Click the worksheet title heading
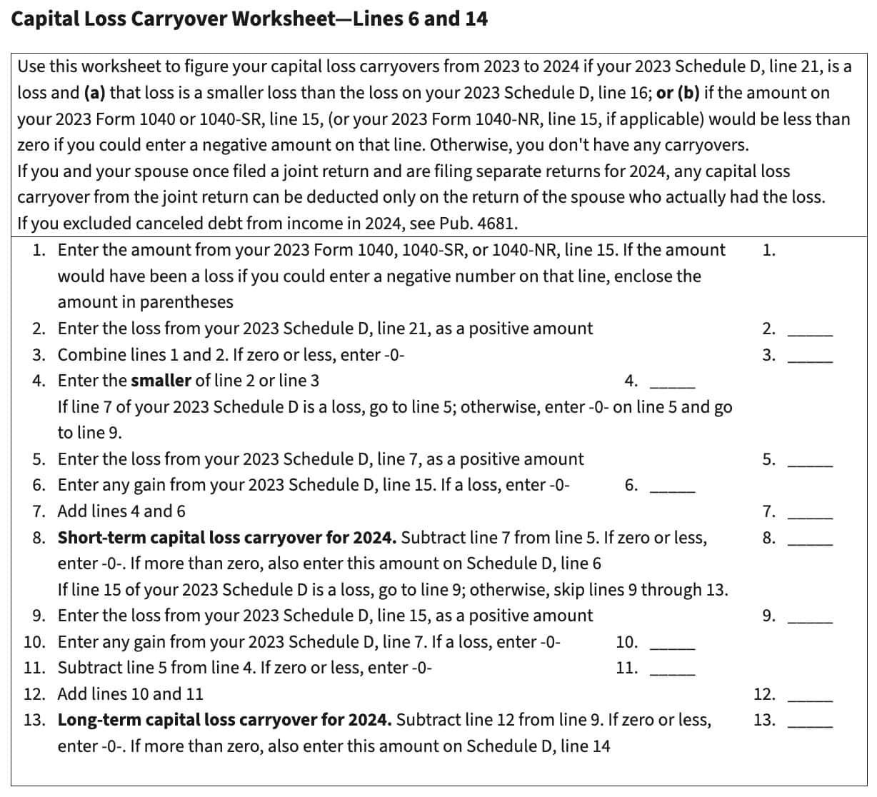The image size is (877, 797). click(249, 19)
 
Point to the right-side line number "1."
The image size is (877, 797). click(769, 250)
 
